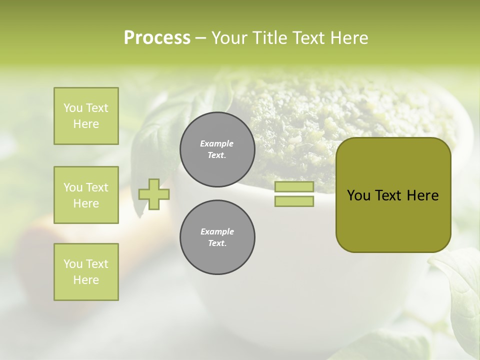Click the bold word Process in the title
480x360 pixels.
point(157,38)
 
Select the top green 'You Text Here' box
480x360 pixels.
point(86,116)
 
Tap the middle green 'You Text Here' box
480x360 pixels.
point(86,195)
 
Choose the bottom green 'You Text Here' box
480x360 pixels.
point(86,272)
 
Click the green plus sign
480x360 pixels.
point(154,194)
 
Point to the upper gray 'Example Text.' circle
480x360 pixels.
point(217,149)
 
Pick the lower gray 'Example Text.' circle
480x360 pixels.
point(217,237)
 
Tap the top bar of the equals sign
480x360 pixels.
point(294,186)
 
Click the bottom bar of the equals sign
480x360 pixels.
point(294,201)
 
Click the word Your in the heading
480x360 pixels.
point(230,38)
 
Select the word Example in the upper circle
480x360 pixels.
point(217,143)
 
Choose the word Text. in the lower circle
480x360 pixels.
point(217,243)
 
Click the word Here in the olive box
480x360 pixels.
point(422,195)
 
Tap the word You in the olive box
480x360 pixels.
point(359,195)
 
